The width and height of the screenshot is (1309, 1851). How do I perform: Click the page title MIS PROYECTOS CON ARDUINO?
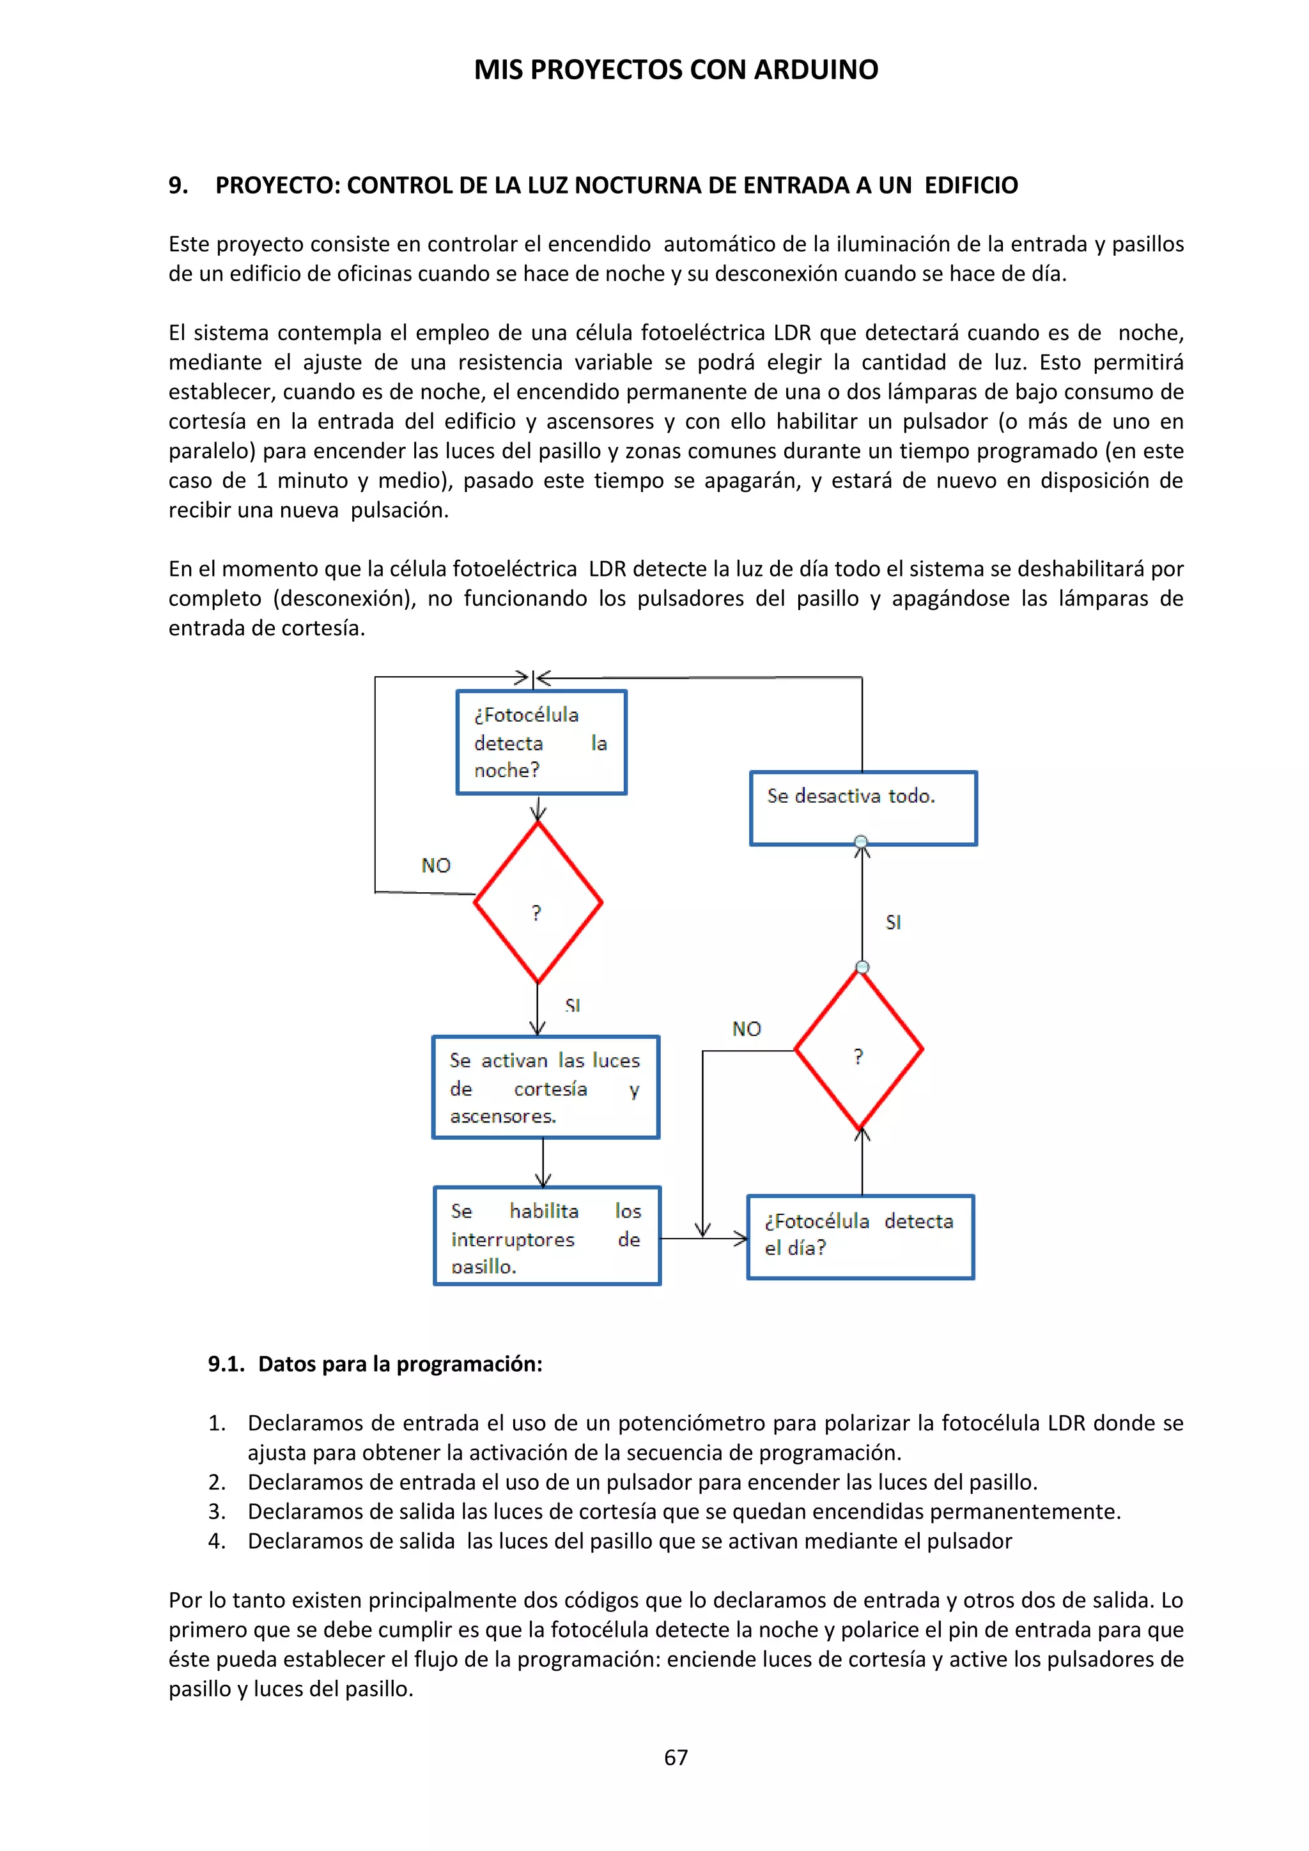pyautogui.click(x=676, y=70)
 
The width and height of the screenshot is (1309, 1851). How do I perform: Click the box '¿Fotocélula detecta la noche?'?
pyautogui.click(x=541, y=741)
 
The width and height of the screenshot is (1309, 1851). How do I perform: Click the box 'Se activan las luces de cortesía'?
pyautogui.click(x=546, y=1087)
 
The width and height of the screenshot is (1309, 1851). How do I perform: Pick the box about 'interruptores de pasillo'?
pyautogui.click(x=546, y=1236)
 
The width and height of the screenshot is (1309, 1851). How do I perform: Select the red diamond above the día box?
pyautogui.click(x=858, y=1049)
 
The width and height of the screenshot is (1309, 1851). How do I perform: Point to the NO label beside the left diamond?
pyautogui.click(x=436, y=866)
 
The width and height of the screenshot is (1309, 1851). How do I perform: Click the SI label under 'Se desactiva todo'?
pyautogui.click(x=893, y=922)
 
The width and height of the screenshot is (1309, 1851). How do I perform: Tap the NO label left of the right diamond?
pyautogui.click(x=747, y=1028)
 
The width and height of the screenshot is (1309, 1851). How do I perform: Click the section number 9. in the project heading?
pyautogui.click(x=178, y=185)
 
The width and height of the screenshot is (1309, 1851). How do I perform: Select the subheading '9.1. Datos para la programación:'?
pyautogui.click(x=375, y=1363)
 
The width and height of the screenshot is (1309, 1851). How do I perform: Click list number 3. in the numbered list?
pyautogui.click(x=217, y=1512)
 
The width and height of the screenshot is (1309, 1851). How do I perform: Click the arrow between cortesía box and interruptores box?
pyautogui.click(x=543, y=1163)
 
